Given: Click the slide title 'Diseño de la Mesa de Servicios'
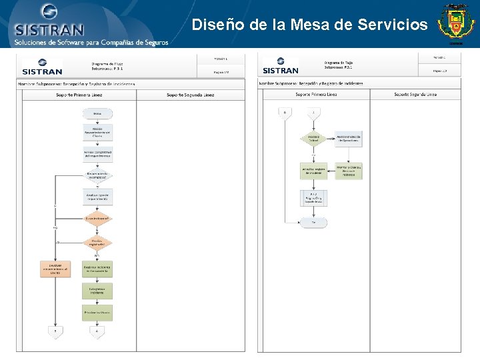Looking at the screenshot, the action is (309, 25).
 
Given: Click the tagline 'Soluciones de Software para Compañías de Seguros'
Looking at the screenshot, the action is (91, 43).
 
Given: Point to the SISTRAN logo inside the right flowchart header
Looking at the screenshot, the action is (281, 66).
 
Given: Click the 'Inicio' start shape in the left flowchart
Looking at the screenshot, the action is (97, 114).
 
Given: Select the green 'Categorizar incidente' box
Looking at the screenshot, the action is (97, 291).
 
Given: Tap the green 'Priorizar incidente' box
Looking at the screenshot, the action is (97, 312).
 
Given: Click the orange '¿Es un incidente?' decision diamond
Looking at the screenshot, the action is (97, 218).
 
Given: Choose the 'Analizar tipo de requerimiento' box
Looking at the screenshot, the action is (97, 197).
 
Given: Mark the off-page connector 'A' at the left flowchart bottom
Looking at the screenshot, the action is (97, 330).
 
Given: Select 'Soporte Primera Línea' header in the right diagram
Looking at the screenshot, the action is (313, 95).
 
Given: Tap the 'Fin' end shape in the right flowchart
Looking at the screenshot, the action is (313, 222).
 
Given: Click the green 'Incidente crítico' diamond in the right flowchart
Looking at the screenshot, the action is (313, 139).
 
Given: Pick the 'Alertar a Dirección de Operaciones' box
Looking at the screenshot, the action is (349, 139).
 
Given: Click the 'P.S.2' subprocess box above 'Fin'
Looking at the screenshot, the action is (313, 197).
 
